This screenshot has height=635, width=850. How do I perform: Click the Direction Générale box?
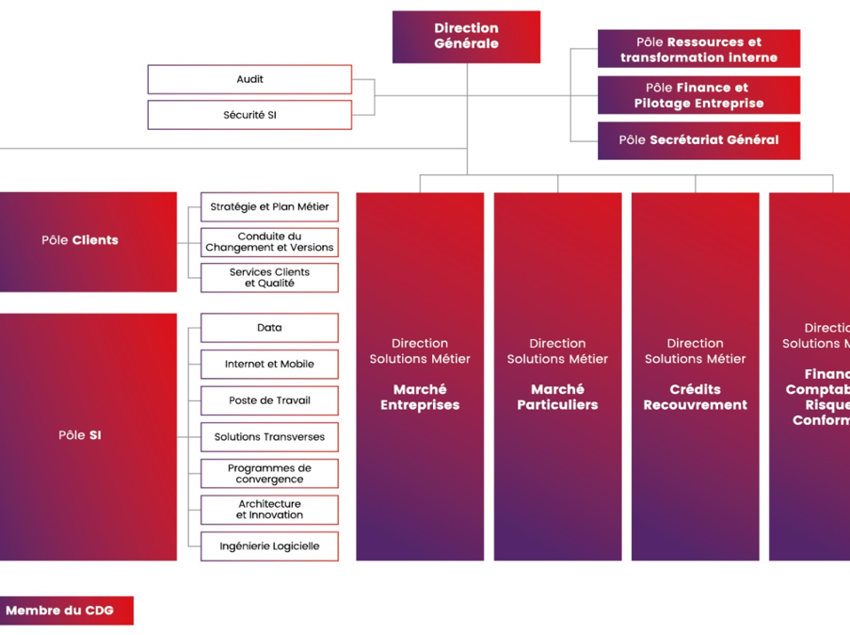[x=466, y=37]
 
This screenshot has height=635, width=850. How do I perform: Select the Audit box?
[x=249, y=79]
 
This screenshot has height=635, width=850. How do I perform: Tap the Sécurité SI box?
[x=249, y=115]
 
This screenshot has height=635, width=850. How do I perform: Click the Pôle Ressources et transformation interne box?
[x=698, y=49]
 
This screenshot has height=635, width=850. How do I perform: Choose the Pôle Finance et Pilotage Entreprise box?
[x=698, y=95]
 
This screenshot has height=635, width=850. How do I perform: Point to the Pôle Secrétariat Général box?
[x=698, y=140]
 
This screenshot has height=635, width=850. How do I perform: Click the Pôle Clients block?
[x=81, y=240]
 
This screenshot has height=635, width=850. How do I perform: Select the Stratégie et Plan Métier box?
[x=269, y=206]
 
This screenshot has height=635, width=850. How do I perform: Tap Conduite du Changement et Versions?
[x=269, y=242]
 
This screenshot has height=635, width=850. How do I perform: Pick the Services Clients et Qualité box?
[x=269, y=278]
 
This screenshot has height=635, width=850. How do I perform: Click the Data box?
[x=269, y=328]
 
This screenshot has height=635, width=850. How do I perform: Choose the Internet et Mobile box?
[x=269, y=365]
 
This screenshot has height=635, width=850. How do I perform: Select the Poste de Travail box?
[x=269, y=400]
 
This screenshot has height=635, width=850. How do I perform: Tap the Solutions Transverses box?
[x=269, y=437]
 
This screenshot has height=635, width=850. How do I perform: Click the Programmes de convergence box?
[x=269, y=473]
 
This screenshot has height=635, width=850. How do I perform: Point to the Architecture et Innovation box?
[x=269, y=510]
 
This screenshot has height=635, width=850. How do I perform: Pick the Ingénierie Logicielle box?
[x=269, y=545]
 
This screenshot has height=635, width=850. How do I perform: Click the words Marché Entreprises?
[x=420, y=397]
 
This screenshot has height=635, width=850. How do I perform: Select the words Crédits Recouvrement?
[x=695, y=397]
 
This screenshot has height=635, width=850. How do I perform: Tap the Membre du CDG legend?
[x=60, y=611]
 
